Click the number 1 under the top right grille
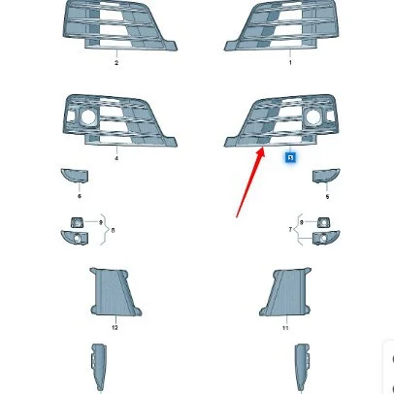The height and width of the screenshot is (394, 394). tap(290, 62)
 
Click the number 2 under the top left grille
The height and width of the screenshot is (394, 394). tap(116, 63)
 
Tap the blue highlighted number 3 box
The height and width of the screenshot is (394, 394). tap(290, 158)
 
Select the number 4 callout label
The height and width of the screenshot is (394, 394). tap(116, 158)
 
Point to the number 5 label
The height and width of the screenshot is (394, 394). tap(327, 197)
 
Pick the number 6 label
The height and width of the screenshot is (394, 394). tap(80, 196)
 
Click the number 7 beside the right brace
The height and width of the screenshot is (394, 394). tap(290, 230)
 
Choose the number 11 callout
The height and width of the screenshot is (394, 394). tap(285, 328)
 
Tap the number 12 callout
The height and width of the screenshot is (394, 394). tap(115, 328)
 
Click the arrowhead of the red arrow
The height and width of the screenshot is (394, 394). tap(261, 152)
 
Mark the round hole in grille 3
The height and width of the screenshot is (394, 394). tap(313, 116)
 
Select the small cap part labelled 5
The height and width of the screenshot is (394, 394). tap(326, 176)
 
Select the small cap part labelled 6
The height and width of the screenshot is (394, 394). tap(75, 176)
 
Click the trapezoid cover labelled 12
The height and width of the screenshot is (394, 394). tap(115, 291)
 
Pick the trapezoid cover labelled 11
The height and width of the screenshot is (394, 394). tap(285, 292)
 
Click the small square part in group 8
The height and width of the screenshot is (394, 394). tap(77, 222)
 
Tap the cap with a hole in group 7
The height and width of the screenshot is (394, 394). tap(326, 238)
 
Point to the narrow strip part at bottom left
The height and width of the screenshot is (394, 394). tap(99, 368)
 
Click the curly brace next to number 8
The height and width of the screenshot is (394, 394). tap(105, 229)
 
